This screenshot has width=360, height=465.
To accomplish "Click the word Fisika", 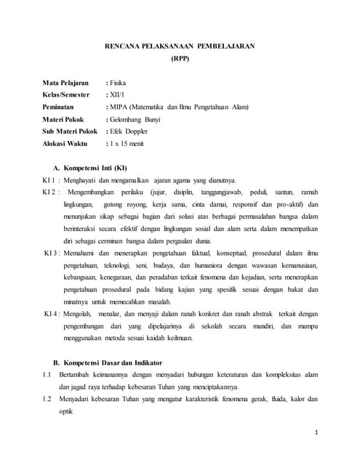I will tap(118, 83).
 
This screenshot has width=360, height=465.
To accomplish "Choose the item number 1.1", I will tap(46, 374).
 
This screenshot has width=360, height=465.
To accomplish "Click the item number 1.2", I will tap(46, 398).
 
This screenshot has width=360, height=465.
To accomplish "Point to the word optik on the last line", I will tap(66, 411).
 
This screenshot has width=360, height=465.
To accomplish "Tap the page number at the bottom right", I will tap(318, 433).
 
